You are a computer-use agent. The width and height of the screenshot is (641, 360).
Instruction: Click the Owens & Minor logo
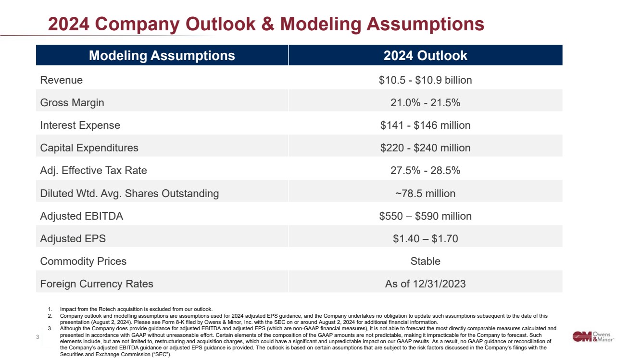593,337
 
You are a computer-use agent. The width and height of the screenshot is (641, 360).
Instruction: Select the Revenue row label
62,80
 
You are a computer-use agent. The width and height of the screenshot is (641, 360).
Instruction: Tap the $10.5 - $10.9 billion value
425,80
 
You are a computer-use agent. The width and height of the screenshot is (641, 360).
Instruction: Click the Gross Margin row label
72,103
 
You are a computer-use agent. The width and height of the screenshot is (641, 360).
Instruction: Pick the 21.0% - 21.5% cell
425,103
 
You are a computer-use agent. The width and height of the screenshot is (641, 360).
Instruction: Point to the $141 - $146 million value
425,125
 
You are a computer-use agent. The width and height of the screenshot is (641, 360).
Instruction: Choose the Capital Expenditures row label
89,148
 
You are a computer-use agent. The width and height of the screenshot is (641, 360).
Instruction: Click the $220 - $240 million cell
425,148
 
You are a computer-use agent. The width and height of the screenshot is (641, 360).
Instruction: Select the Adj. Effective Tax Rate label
94,171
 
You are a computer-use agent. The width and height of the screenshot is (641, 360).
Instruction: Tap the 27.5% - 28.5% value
425,171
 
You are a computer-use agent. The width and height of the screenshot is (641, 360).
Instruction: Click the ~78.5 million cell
425,193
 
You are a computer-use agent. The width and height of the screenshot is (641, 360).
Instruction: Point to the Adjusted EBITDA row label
82,216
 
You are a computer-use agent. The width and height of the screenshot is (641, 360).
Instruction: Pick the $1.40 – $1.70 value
425,239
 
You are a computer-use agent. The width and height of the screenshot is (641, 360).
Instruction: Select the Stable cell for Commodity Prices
425,261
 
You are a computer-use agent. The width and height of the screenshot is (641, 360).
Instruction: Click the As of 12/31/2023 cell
425,284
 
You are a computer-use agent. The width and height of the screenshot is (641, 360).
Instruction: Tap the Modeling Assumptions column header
162,56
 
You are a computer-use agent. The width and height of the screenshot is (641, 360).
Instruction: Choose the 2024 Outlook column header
425,56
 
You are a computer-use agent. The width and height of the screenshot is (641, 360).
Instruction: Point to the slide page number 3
38,337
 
